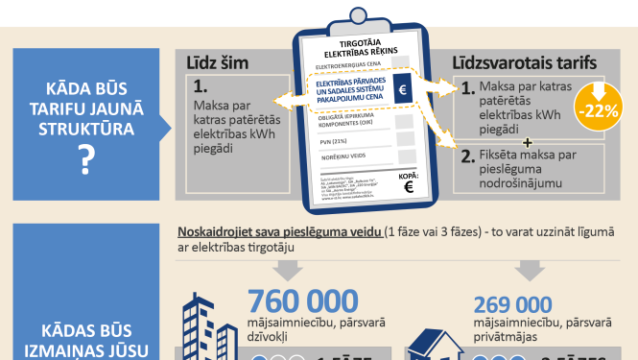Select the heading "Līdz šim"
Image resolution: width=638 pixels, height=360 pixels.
(x=218, y=63)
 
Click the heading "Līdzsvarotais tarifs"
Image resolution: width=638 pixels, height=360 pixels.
(x=525, y=63)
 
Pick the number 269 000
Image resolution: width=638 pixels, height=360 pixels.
(x=513, y=305)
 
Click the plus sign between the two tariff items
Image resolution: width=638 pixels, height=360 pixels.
(x=527, y=139)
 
